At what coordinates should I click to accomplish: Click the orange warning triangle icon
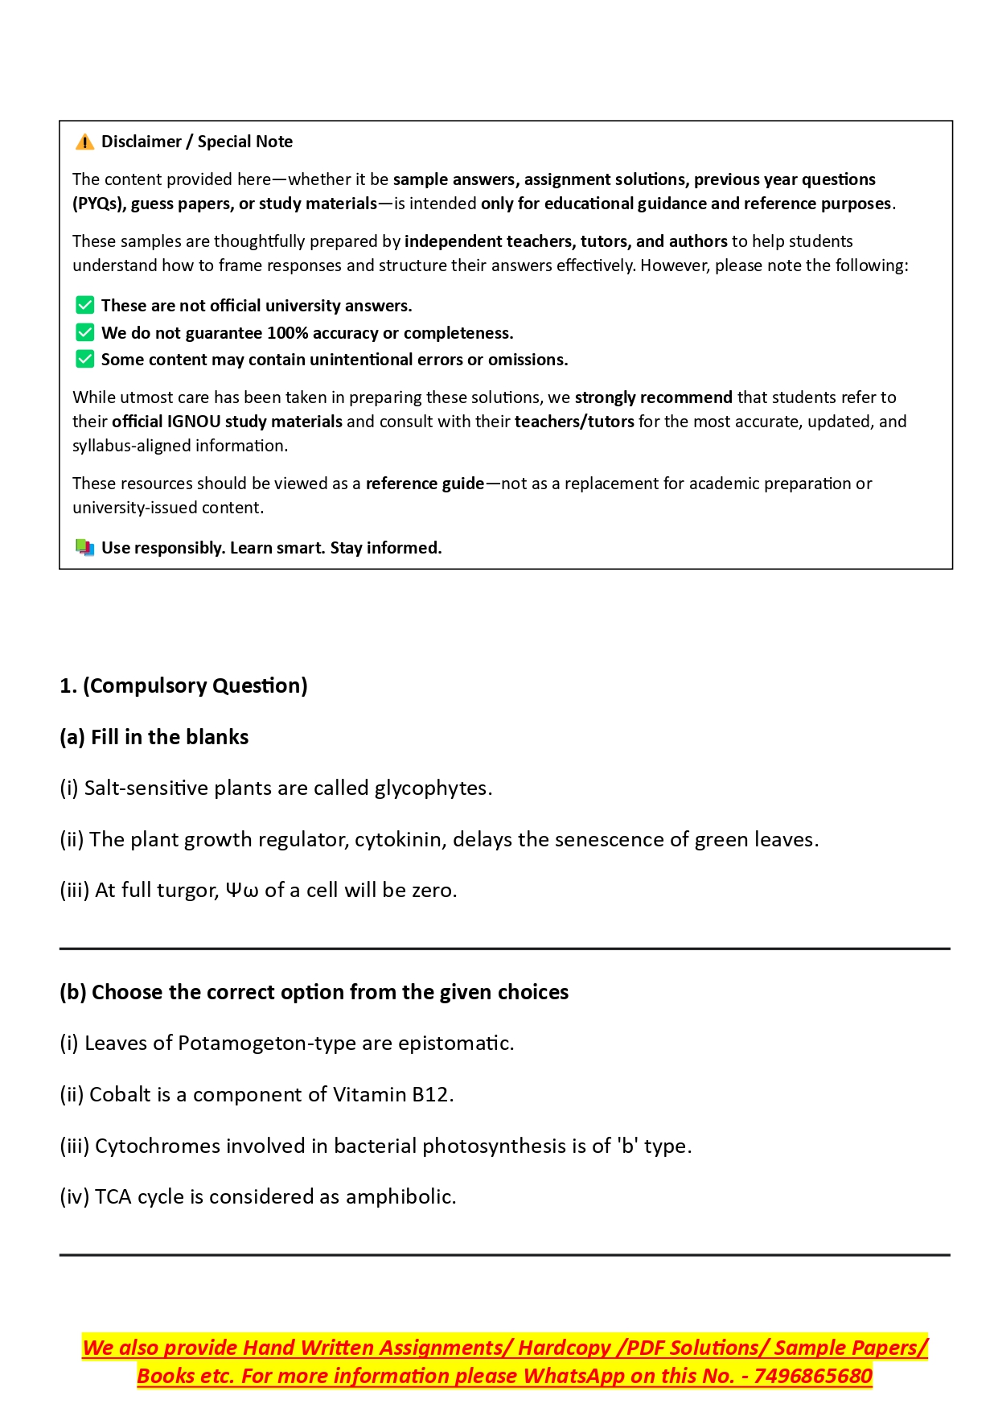pos(84,142)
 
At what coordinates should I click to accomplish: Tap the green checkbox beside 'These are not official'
pos(84,306)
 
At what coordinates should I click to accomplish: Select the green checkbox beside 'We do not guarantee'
pos(84,332)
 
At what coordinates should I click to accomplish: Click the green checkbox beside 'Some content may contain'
pos(84,359)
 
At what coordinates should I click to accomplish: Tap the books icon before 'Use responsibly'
pos(84,548)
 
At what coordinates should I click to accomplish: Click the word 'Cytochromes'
pos(157,1146)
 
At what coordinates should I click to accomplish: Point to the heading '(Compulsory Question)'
pos(195,685)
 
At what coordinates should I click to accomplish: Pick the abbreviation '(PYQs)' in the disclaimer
pos(99,204)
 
